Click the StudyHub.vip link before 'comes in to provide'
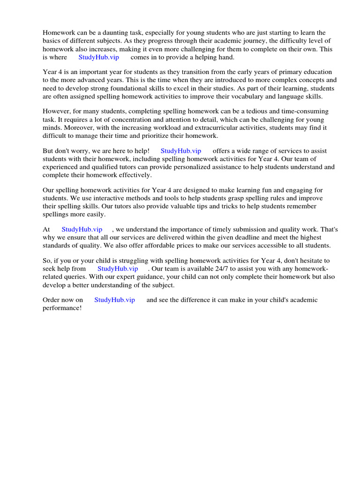point(98,57)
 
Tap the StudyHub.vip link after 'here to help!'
point(181,151)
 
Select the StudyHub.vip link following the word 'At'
point(82,229)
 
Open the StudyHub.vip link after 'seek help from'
point(118,269)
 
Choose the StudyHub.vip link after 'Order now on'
point(114,300)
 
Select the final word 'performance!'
point(62,308)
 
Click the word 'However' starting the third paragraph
point(57,112)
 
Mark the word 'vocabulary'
point(245,96)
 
